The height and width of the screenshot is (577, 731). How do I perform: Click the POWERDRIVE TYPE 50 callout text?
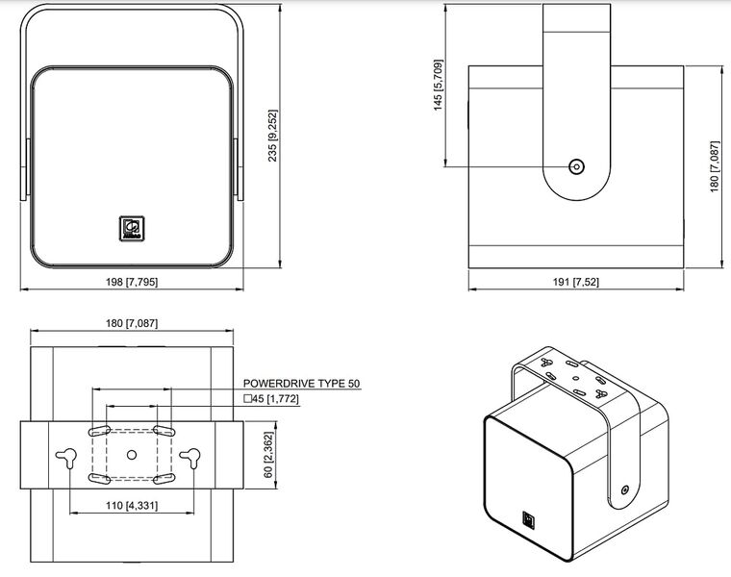[x=302, y=384]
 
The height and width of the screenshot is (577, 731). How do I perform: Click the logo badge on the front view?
[x=132, y=228]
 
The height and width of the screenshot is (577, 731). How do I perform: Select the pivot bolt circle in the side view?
[x=577, y=166]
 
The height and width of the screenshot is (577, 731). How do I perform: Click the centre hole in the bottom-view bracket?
[x=132, y=454]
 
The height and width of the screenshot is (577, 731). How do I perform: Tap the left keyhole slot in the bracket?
[x=66, y=457]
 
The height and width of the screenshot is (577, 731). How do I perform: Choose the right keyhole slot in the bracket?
[x=190, y=457]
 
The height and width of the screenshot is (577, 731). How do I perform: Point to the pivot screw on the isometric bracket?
[x=625, y=489]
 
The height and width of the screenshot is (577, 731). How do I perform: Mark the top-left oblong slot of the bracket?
[x=100, y=430]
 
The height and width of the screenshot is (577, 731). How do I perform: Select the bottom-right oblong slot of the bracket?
[x=164, y=479]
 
